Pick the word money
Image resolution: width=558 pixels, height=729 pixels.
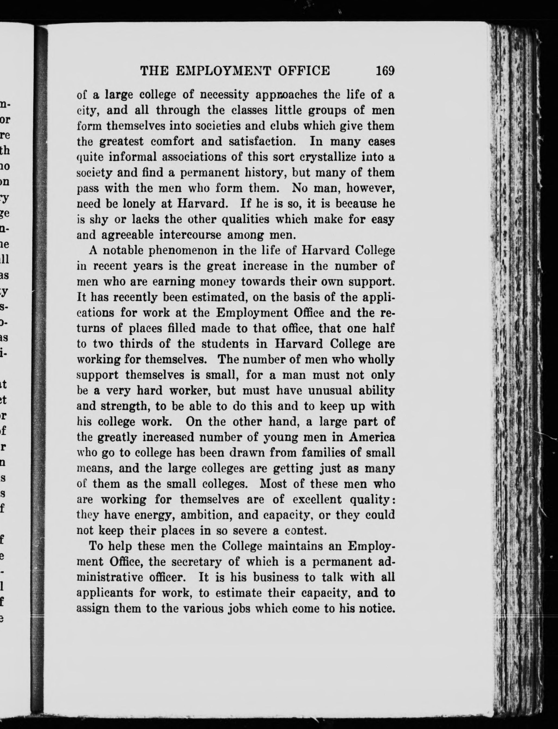216,282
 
